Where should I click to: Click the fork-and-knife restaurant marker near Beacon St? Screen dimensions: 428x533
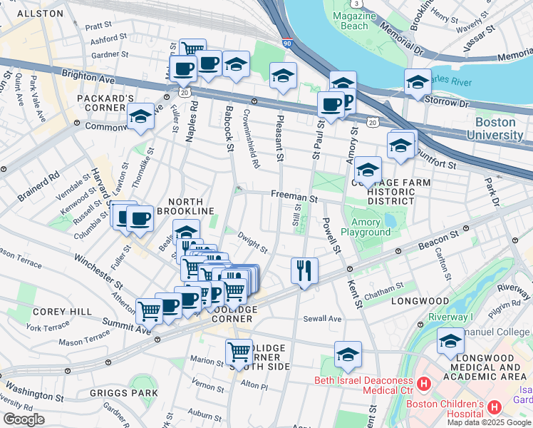tap(304, 270)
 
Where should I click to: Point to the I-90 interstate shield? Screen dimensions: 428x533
tap(286, 44)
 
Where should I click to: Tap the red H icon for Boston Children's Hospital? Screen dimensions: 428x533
tap(494, 406)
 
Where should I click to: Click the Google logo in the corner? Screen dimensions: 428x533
tap(24, 419)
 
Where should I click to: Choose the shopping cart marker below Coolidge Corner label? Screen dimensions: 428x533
tap(239, 352)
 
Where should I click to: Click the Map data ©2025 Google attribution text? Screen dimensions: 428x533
tap(489, 422)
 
